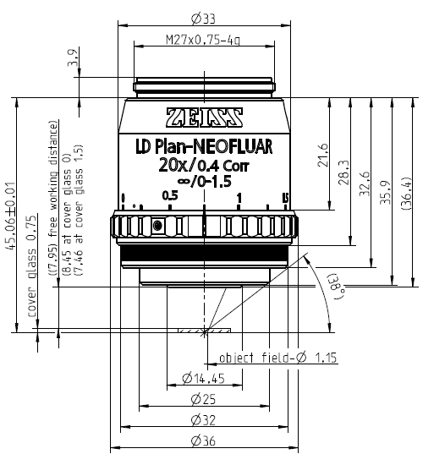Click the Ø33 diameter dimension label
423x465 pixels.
coord(203,19)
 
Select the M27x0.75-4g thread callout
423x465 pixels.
coord(203,40)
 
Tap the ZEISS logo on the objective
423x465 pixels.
coord(204,118)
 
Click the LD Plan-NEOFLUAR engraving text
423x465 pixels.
coord(204,147)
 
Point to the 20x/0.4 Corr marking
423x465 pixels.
coord(204,166)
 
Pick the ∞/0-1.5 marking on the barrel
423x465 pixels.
coord(204,181)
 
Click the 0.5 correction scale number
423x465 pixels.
coord(170,195)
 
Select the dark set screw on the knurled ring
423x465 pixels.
coord(157,226)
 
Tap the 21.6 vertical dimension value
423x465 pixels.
coord(323,155)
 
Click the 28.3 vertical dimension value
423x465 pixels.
coord(344,172)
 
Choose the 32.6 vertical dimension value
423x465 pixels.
coord(365,183)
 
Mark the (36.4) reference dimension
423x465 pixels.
coord(406,194)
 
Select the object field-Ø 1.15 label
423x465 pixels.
coord(277,358)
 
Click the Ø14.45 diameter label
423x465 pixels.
coord(203,379)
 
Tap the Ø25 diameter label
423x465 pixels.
coord(203,399)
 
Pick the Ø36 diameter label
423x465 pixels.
coord(203,441)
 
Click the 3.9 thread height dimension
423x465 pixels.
coord(73,57)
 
